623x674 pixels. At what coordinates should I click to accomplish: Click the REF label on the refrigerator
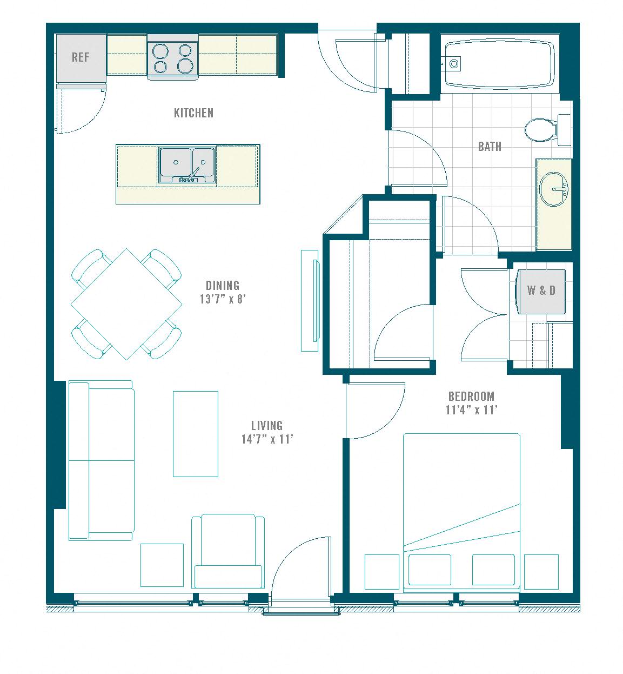click(81, 57)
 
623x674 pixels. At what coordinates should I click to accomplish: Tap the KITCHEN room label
click(193, 113)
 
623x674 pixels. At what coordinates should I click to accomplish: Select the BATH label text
click(490, 146)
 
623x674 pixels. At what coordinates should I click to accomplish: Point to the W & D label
click(541, 290)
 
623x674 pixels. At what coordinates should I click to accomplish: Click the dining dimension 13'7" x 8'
click(223, 299)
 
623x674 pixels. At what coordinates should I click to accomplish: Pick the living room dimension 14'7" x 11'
click(267, 439)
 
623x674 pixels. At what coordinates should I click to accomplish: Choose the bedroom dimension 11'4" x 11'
click(471, 409)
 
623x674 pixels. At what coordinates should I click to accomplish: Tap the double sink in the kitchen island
click(187, 166)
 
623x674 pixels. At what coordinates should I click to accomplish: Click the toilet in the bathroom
click(547, 130)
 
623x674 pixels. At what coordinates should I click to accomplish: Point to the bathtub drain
click(454, 63)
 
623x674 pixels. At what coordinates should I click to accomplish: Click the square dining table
click(126, 304)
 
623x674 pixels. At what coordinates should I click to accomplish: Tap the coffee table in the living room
click(196, 434)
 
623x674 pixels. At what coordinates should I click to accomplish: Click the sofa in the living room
click(102, 460)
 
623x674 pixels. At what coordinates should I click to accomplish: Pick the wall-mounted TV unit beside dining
click(310, 301)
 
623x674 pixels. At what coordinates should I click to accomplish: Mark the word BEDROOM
click(471, 396)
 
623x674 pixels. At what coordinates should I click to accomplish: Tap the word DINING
click(223, 285)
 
